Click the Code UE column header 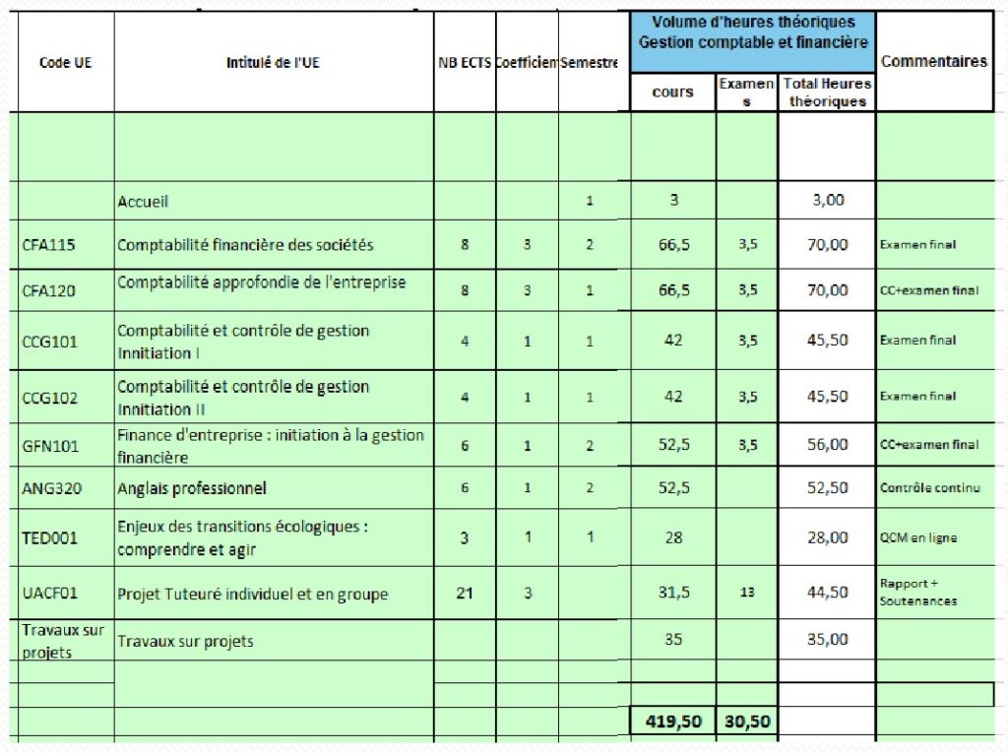point(65,62)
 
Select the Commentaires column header point(933,61)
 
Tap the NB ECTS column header point(465,62)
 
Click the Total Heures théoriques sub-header point(827,93)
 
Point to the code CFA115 point(49,245)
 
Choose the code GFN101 point(49,446)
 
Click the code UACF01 point(50,594)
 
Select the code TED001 point(50,537)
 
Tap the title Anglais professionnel point(192,488)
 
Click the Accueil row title point(143,201)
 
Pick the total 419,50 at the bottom point(673,722)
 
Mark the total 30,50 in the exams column point(747,722)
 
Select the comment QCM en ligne point(917,537)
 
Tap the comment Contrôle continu point(929,488)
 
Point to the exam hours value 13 point(747,593)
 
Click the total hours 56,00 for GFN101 point(827,445)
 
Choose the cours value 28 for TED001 point(673,536)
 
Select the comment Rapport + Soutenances point(917,592)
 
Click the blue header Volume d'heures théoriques point(753,32)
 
